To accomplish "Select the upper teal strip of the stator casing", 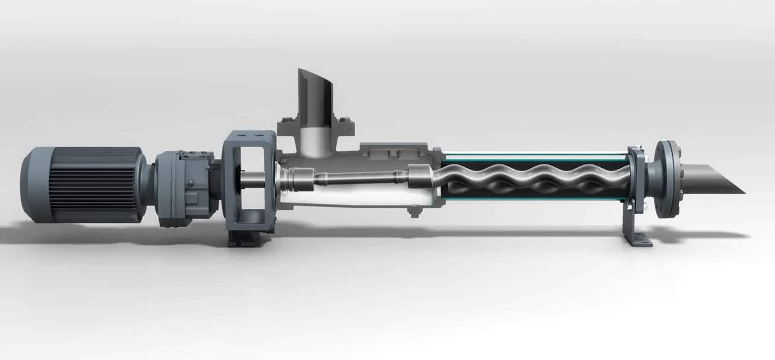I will pos(534,155).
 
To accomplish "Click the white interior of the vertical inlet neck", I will pos(316,142).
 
